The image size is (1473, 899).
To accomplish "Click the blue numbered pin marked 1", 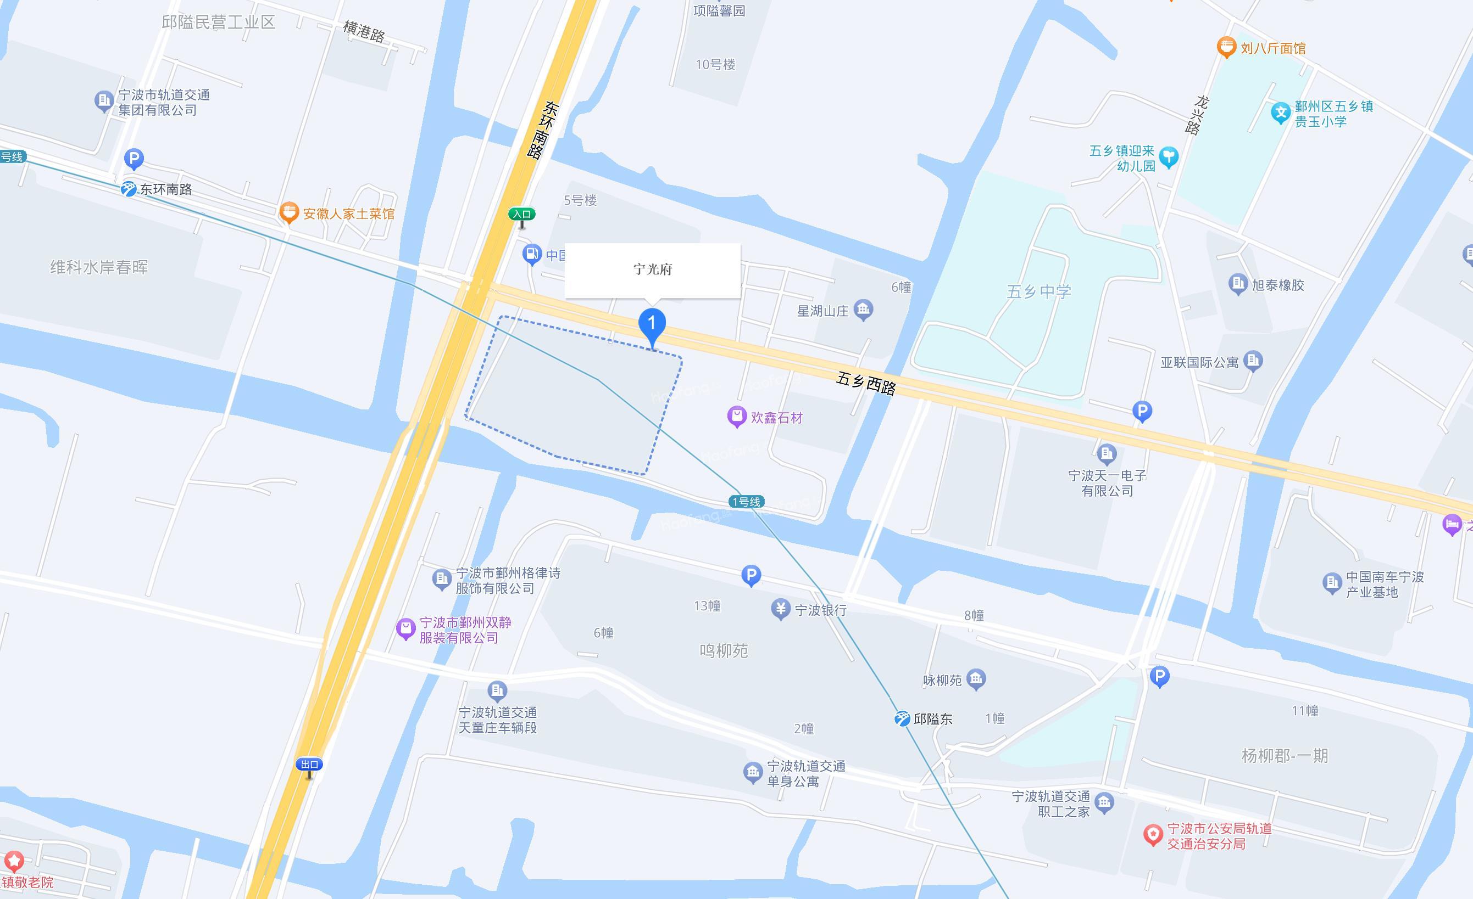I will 652,324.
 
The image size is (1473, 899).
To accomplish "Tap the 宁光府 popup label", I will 653,269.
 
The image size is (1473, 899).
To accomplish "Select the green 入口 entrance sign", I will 521,215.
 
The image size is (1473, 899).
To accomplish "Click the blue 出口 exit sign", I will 309,765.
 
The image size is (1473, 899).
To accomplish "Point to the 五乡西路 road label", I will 866,384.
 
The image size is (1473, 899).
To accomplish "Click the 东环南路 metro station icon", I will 129,189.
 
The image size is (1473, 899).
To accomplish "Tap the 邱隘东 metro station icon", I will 902,718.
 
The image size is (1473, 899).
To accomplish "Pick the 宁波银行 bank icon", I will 780,609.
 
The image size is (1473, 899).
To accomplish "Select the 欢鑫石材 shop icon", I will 736,417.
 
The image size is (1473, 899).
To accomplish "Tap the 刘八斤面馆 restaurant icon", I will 1226,47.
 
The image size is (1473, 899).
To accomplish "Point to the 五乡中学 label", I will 1039,291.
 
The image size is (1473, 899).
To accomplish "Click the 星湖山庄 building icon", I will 863,310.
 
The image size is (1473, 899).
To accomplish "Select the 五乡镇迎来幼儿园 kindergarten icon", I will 1168,157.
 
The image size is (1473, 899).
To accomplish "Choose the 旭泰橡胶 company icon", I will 1237,283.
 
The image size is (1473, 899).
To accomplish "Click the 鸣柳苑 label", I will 724,650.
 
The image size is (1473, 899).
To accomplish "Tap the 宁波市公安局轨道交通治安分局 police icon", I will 1153,834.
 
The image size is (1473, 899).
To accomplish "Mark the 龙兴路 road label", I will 1197,115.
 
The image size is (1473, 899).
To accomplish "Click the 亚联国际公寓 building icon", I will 1253,360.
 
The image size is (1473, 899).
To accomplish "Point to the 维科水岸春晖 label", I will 99,267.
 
